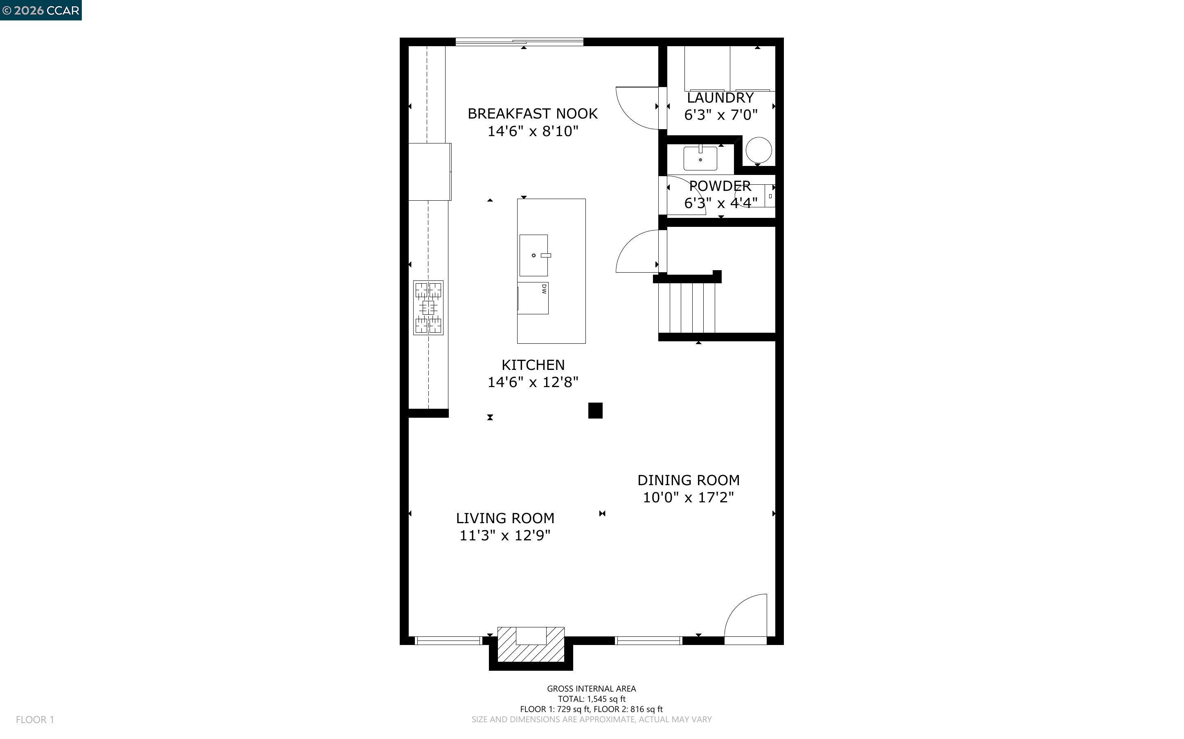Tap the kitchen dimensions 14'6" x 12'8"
[533, 382]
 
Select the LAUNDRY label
[720, 98]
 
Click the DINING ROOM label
[688, 480]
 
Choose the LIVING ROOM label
[505, 518]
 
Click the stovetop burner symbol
[428, 307]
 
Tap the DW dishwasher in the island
[533, 298]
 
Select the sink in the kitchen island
[533, 255]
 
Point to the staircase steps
[687, 308]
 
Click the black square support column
[595, 410]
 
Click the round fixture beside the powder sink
[759, 150]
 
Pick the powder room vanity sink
[700, 158]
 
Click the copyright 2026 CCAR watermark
[41, 10]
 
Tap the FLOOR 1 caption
[35, 719]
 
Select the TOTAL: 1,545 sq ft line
[592, 699]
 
